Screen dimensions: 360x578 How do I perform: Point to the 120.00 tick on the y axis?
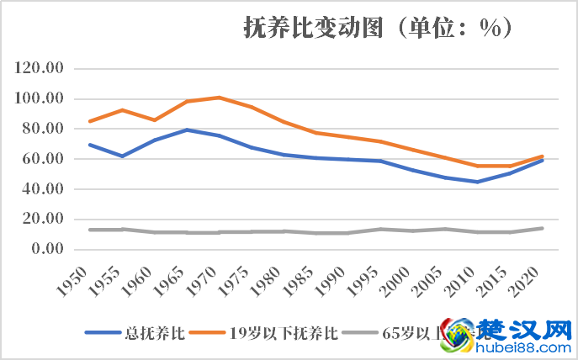click(40, 69)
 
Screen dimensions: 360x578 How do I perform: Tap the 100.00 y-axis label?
click(40, 99)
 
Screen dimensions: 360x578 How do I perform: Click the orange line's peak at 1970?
click(219, 98)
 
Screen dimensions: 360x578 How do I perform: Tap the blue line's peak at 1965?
click(187, 130)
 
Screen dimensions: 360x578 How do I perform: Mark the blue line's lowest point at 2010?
click(478, 182)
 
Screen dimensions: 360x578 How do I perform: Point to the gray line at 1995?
click(380, 229)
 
